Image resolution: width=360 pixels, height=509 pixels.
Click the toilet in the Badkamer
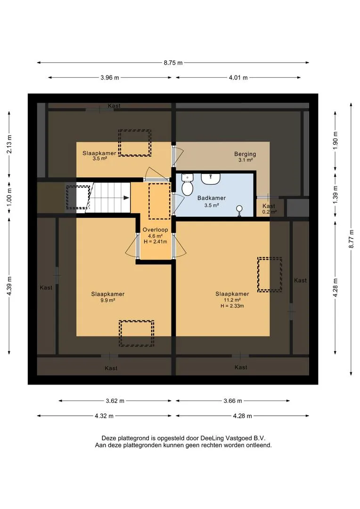(x=187, y=185)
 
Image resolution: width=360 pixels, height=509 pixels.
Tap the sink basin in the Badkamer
(x=211, y=178)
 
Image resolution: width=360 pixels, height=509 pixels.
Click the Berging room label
(x=245, y=154)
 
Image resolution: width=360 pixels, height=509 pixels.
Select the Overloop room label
(x=155, y=230)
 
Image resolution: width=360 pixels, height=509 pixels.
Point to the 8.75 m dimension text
(x=173, y=63)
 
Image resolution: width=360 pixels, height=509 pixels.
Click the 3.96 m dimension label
(x=110, y=78)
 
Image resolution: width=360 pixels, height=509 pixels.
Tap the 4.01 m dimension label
(x=238, y=78)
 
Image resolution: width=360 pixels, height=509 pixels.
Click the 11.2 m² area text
(x=232, y=300)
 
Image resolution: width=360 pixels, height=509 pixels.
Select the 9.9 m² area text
(x=107, y=300)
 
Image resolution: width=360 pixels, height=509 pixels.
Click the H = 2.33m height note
(x=232, y=306)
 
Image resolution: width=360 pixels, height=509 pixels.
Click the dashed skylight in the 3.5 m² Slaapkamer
(x=135, y=143)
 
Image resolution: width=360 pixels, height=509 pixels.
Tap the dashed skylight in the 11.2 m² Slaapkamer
(x=270, y=275)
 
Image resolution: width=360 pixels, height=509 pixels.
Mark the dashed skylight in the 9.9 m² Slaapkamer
(x=136, y=333)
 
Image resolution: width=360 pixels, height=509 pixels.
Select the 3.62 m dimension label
(x=115, y=401)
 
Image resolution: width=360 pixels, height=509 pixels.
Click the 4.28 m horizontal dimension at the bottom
(x=243, y=416)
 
